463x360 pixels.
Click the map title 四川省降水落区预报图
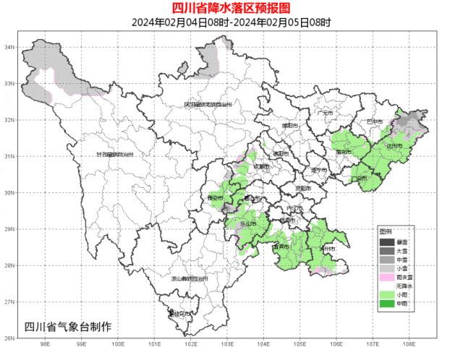click(231, 8)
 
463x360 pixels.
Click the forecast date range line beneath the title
click(231, 22)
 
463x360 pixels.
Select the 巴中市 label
click(374, 121)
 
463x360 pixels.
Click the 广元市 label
click(324, 113)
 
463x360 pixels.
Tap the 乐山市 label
click(247, 224)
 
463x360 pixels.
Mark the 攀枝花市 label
click(178, 314)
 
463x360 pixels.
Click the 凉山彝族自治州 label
click(190, 278)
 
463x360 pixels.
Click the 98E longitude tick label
click(45, 345)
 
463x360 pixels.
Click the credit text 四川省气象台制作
click(68, 326)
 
